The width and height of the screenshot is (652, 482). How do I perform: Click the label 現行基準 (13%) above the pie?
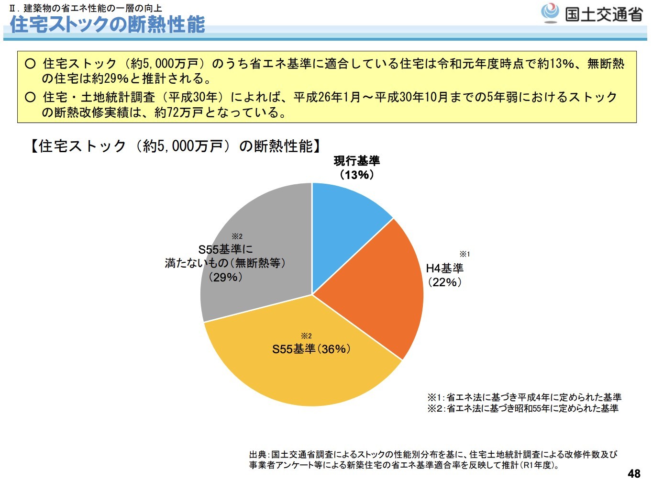coord(357,168)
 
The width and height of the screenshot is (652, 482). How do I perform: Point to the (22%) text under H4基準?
coord(445,282)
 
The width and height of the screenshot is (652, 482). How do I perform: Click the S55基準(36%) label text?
coord(311,349)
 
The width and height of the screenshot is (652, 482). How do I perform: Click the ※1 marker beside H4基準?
coord(464,254)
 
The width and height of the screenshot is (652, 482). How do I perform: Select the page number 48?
coord(634,473)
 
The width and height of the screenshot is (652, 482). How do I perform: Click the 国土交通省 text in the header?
coord(604,14)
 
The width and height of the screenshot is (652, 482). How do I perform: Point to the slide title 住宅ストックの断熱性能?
coord(108,24)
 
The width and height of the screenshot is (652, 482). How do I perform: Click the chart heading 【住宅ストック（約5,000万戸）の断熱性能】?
coord(175,146)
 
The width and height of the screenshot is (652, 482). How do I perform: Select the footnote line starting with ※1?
coord(524,397)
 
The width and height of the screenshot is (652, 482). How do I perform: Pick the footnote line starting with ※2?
coord(523,408)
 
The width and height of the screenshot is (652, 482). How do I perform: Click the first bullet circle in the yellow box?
coord(30,64)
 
